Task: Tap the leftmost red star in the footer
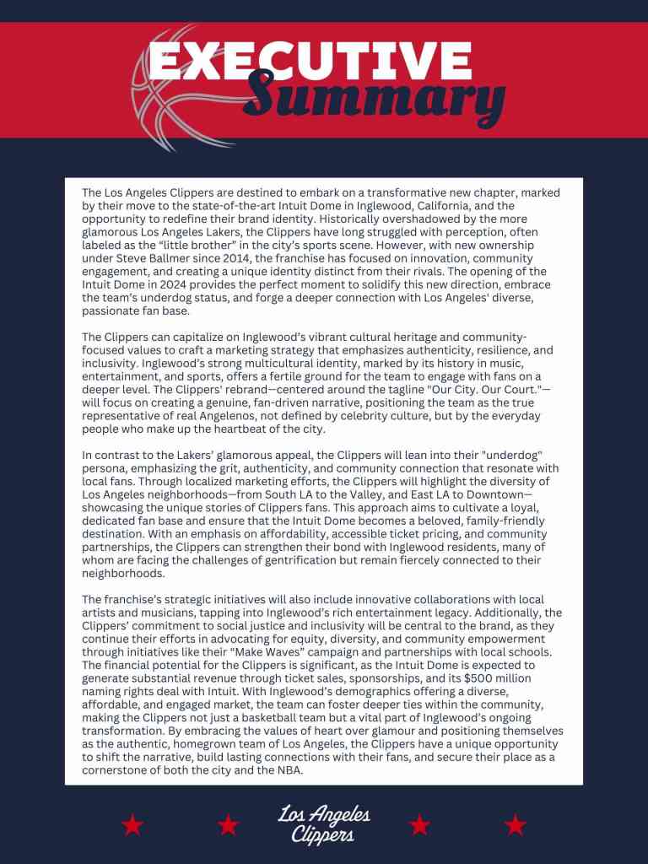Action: coord(132,824)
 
